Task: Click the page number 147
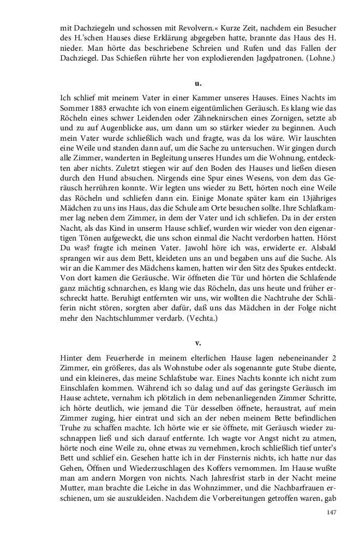click(331, 512)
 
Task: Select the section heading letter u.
click(198, 83)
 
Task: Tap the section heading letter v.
click(198, 343)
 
